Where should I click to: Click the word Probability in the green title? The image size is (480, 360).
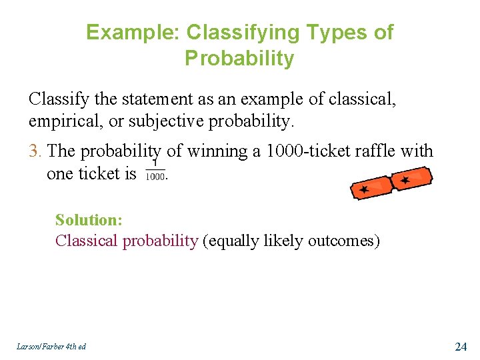coord(239,59)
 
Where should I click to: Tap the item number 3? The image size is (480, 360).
coord(35,151)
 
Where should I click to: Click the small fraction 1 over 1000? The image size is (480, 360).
coord(155,172)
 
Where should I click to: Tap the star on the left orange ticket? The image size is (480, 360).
coord(364,190)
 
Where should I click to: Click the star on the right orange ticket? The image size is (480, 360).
coord(405,180)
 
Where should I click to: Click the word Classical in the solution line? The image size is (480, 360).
coord(87,241)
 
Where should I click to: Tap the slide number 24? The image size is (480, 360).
coord(460,346)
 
